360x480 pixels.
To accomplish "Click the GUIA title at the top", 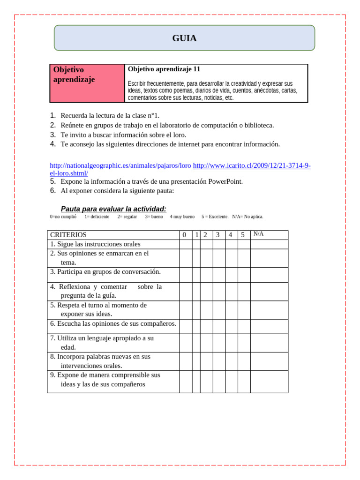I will click(184, 38).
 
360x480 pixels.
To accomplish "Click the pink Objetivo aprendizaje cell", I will click(87, 83).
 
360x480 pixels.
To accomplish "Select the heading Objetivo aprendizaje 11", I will click(164, 69).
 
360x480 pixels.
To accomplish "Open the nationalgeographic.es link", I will click(120, 165).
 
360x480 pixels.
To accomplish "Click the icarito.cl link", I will click(251, 165).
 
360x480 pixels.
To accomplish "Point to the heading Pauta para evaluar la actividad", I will click(113, 209).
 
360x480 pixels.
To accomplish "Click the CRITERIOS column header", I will click(68, 235).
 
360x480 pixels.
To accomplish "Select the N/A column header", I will click(258, 234).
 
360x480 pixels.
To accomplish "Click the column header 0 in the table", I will click(184, 235).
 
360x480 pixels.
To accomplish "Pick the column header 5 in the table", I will click(243, 235).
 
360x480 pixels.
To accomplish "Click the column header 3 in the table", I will click(217, 235).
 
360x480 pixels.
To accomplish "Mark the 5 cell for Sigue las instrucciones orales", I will click(244, 244).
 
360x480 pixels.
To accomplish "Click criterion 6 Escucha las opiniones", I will click(113, 324).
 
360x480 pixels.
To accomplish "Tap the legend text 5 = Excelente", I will click(215, 217).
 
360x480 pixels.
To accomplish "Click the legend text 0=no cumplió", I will click(63, 217).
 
